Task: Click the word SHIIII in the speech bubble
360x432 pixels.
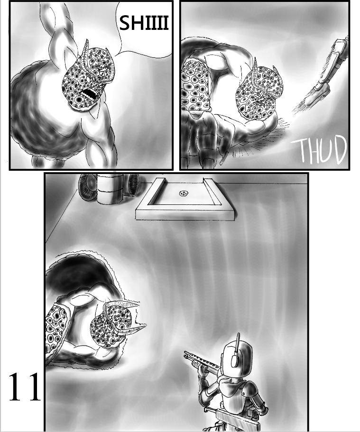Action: tap(144, 23)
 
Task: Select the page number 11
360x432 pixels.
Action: tap(25, 386)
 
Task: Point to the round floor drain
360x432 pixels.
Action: tap(183, 194)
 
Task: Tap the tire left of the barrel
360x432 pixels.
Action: tap(88, 187)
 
